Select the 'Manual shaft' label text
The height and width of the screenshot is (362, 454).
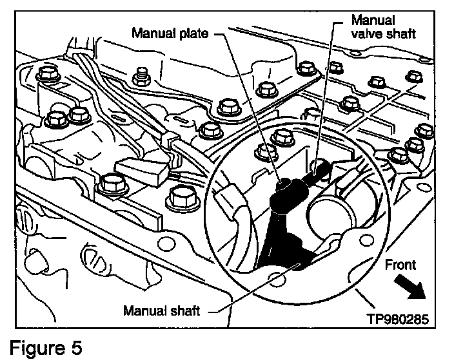162,310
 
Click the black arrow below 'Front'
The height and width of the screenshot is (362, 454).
410,285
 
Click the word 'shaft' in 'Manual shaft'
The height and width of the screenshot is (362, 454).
186,310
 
